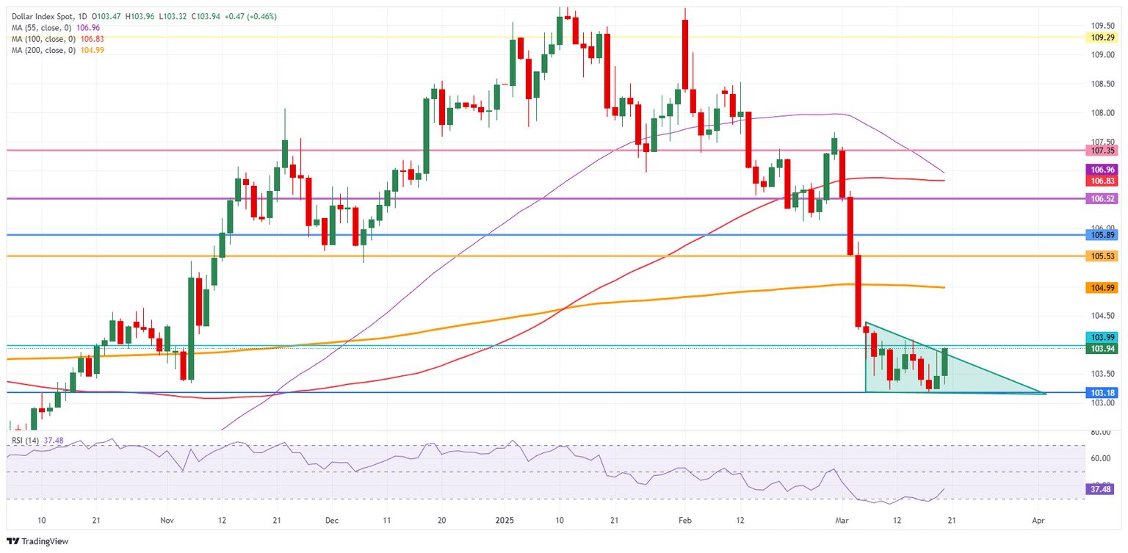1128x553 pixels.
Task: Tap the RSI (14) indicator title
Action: [27, 441]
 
